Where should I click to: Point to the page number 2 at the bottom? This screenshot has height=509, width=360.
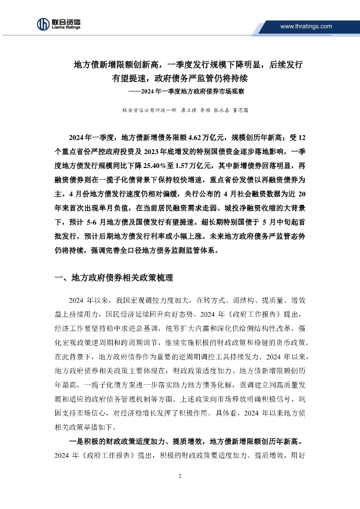(180, 476)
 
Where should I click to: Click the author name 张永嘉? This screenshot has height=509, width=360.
(223, 110)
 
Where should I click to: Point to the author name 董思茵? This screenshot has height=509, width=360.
(241, 110)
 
